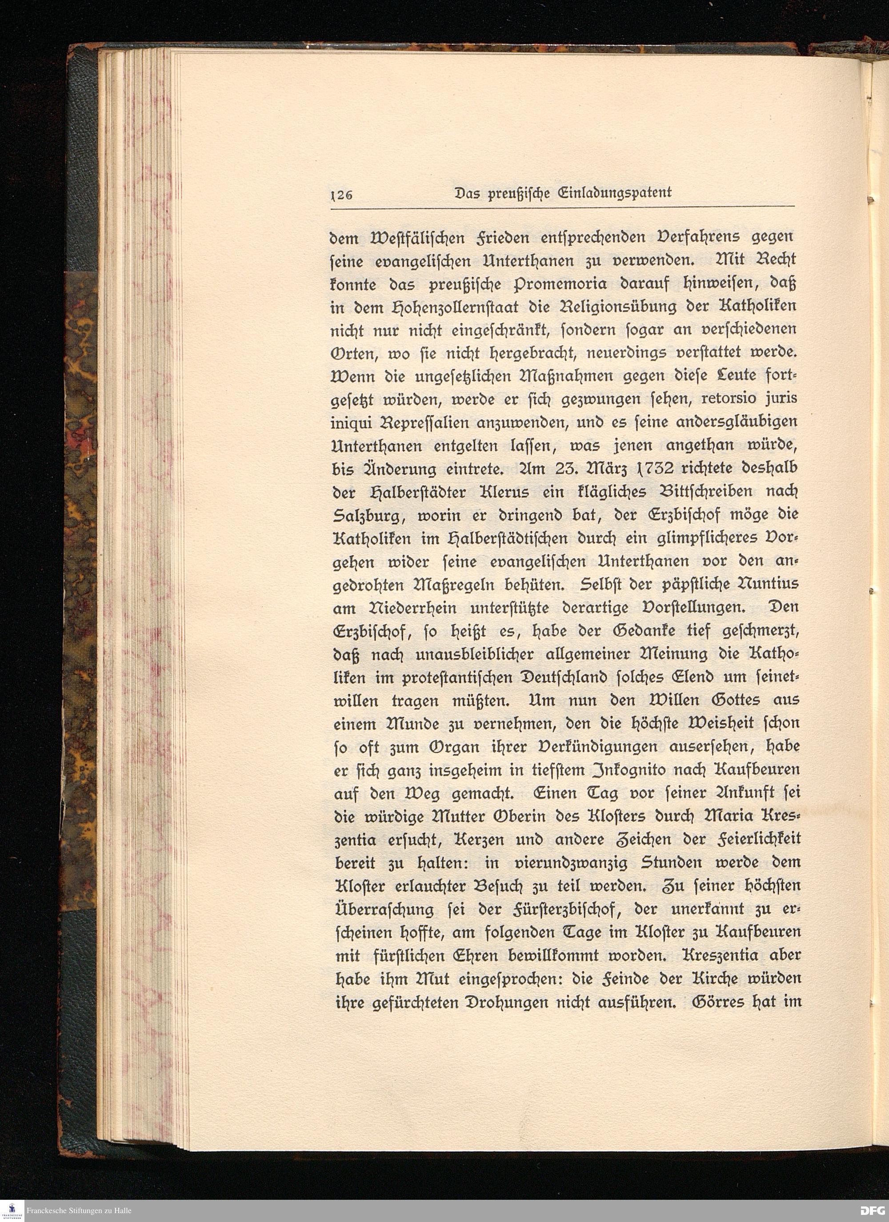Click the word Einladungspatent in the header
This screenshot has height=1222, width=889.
tap(610, 193)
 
